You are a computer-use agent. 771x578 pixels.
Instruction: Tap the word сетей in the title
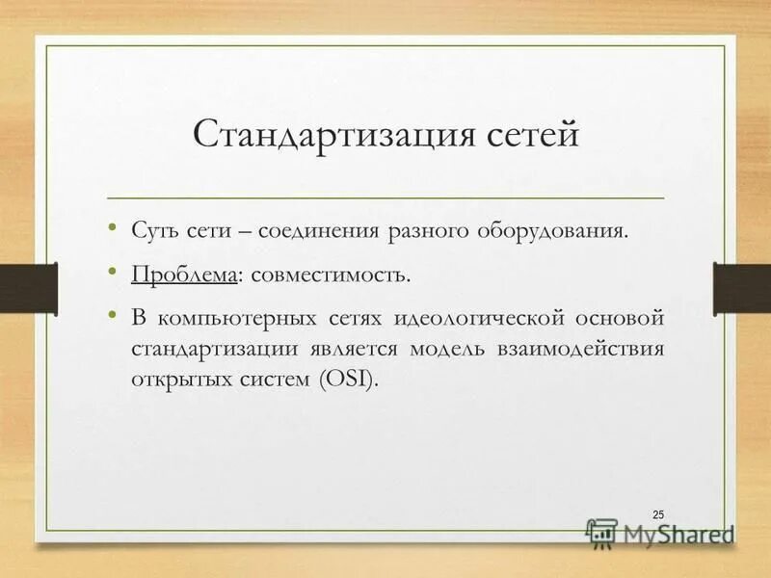point(525,134)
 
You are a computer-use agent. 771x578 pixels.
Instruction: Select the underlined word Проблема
point(185,276)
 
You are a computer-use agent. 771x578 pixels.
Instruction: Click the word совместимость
point(330,276)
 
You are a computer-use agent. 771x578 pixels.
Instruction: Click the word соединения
point(325,232)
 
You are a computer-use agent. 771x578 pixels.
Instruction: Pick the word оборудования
point(559,232)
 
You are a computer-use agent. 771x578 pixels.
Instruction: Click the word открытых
point(178,377)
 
